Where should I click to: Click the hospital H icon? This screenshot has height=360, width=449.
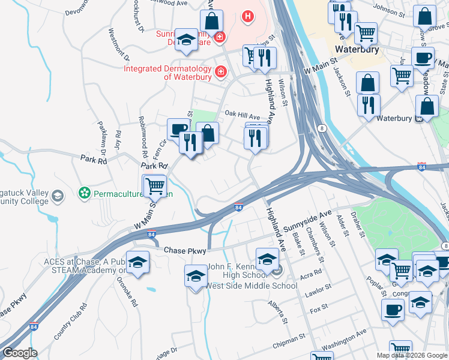(x=247, y=16)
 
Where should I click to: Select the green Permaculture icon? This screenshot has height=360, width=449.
(x=85, y=193)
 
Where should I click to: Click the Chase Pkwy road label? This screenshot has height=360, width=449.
(x=185, y=250)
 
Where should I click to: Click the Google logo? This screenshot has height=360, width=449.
(x=19, y=353)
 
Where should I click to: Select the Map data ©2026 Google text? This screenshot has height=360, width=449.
(x=412, y=355)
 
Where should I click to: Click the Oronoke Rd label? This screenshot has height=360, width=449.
(x=127, y=290)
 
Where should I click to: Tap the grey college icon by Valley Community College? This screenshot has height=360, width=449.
(x=57, y=196)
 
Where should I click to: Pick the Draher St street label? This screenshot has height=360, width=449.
(x=360, y=226)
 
